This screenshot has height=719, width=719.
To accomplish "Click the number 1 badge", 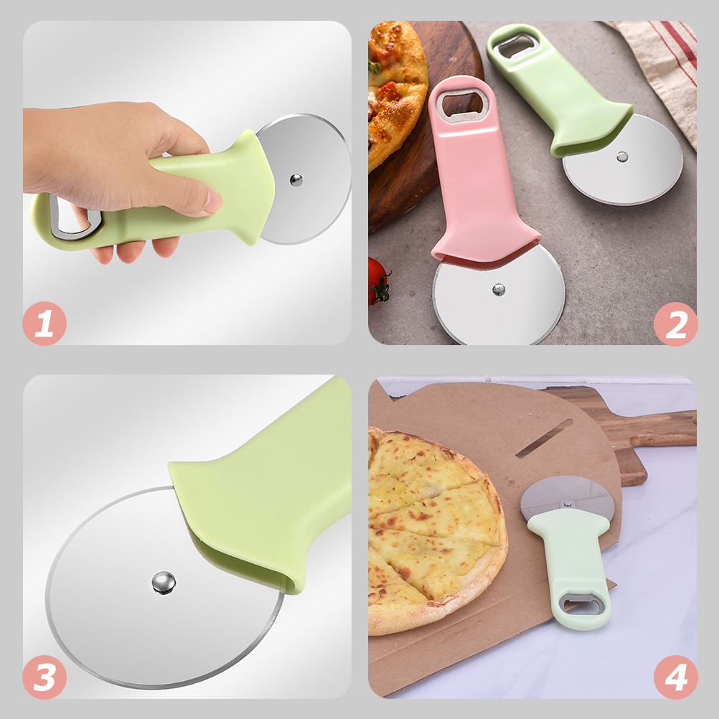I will point(44,324).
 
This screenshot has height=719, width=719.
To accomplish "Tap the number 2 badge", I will point(675,324).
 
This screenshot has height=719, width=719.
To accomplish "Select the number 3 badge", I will point(44,677).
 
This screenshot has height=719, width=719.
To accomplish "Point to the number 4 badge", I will point(675,677).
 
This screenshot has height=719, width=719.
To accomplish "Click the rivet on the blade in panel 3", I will point(164,582).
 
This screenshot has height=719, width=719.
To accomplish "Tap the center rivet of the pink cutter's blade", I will point(499,289).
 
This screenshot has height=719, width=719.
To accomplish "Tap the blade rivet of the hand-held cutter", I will point(296,179).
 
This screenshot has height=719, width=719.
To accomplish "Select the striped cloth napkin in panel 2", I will point(664,65).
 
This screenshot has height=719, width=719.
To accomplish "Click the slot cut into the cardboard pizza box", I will point(544,438).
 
